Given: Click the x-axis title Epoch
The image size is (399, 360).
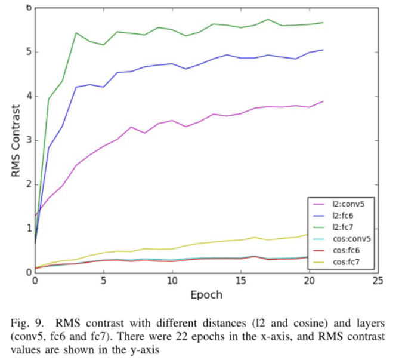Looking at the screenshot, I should (206, 294).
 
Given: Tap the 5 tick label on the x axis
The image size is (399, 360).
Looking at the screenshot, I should (103, 280).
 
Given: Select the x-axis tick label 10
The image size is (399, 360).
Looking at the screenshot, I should (172, 280).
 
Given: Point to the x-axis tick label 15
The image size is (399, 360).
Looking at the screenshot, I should (240, 280).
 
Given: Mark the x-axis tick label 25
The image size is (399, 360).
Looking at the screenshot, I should (378, 280).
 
